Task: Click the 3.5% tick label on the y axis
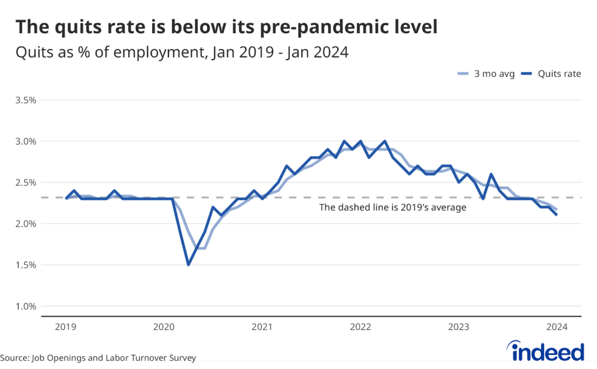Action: [x=26, y=100]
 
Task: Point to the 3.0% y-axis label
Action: [x=26, y=141]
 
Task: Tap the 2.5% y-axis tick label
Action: [x=26, y=182]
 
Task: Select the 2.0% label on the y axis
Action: [x=26, y=224]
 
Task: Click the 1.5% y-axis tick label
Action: [x=26, y=265]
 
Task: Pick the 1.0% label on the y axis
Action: [x=26, y=306]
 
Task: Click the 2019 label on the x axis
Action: [x=66, y=327]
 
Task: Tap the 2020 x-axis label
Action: [x=164, y=327]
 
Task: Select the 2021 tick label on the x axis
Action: [x=262, y=327]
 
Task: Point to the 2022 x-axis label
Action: [x=360, y=327]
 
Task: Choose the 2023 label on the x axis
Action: [x=459, y=327]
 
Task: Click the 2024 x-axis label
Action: [x=557, y=327]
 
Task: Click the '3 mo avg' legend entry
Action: [x=485, y=74]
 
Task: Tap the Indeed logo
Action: [x=548, y=352]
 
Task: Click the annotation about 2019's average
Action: [x=392, y=208]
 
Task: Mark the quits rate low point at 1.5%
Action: [x=188, y=265]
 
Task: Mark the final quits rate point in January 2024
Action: [x=557, y=215]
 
